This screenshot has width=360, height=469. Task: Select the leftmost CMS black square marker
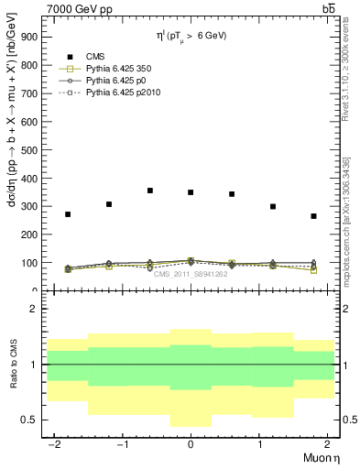(x=68, y=214)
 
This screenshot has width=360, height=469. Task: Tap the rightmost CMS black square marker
(x=313, y=216)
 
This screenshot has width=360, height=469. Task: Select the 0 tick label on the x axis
(x=191, y=442)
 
